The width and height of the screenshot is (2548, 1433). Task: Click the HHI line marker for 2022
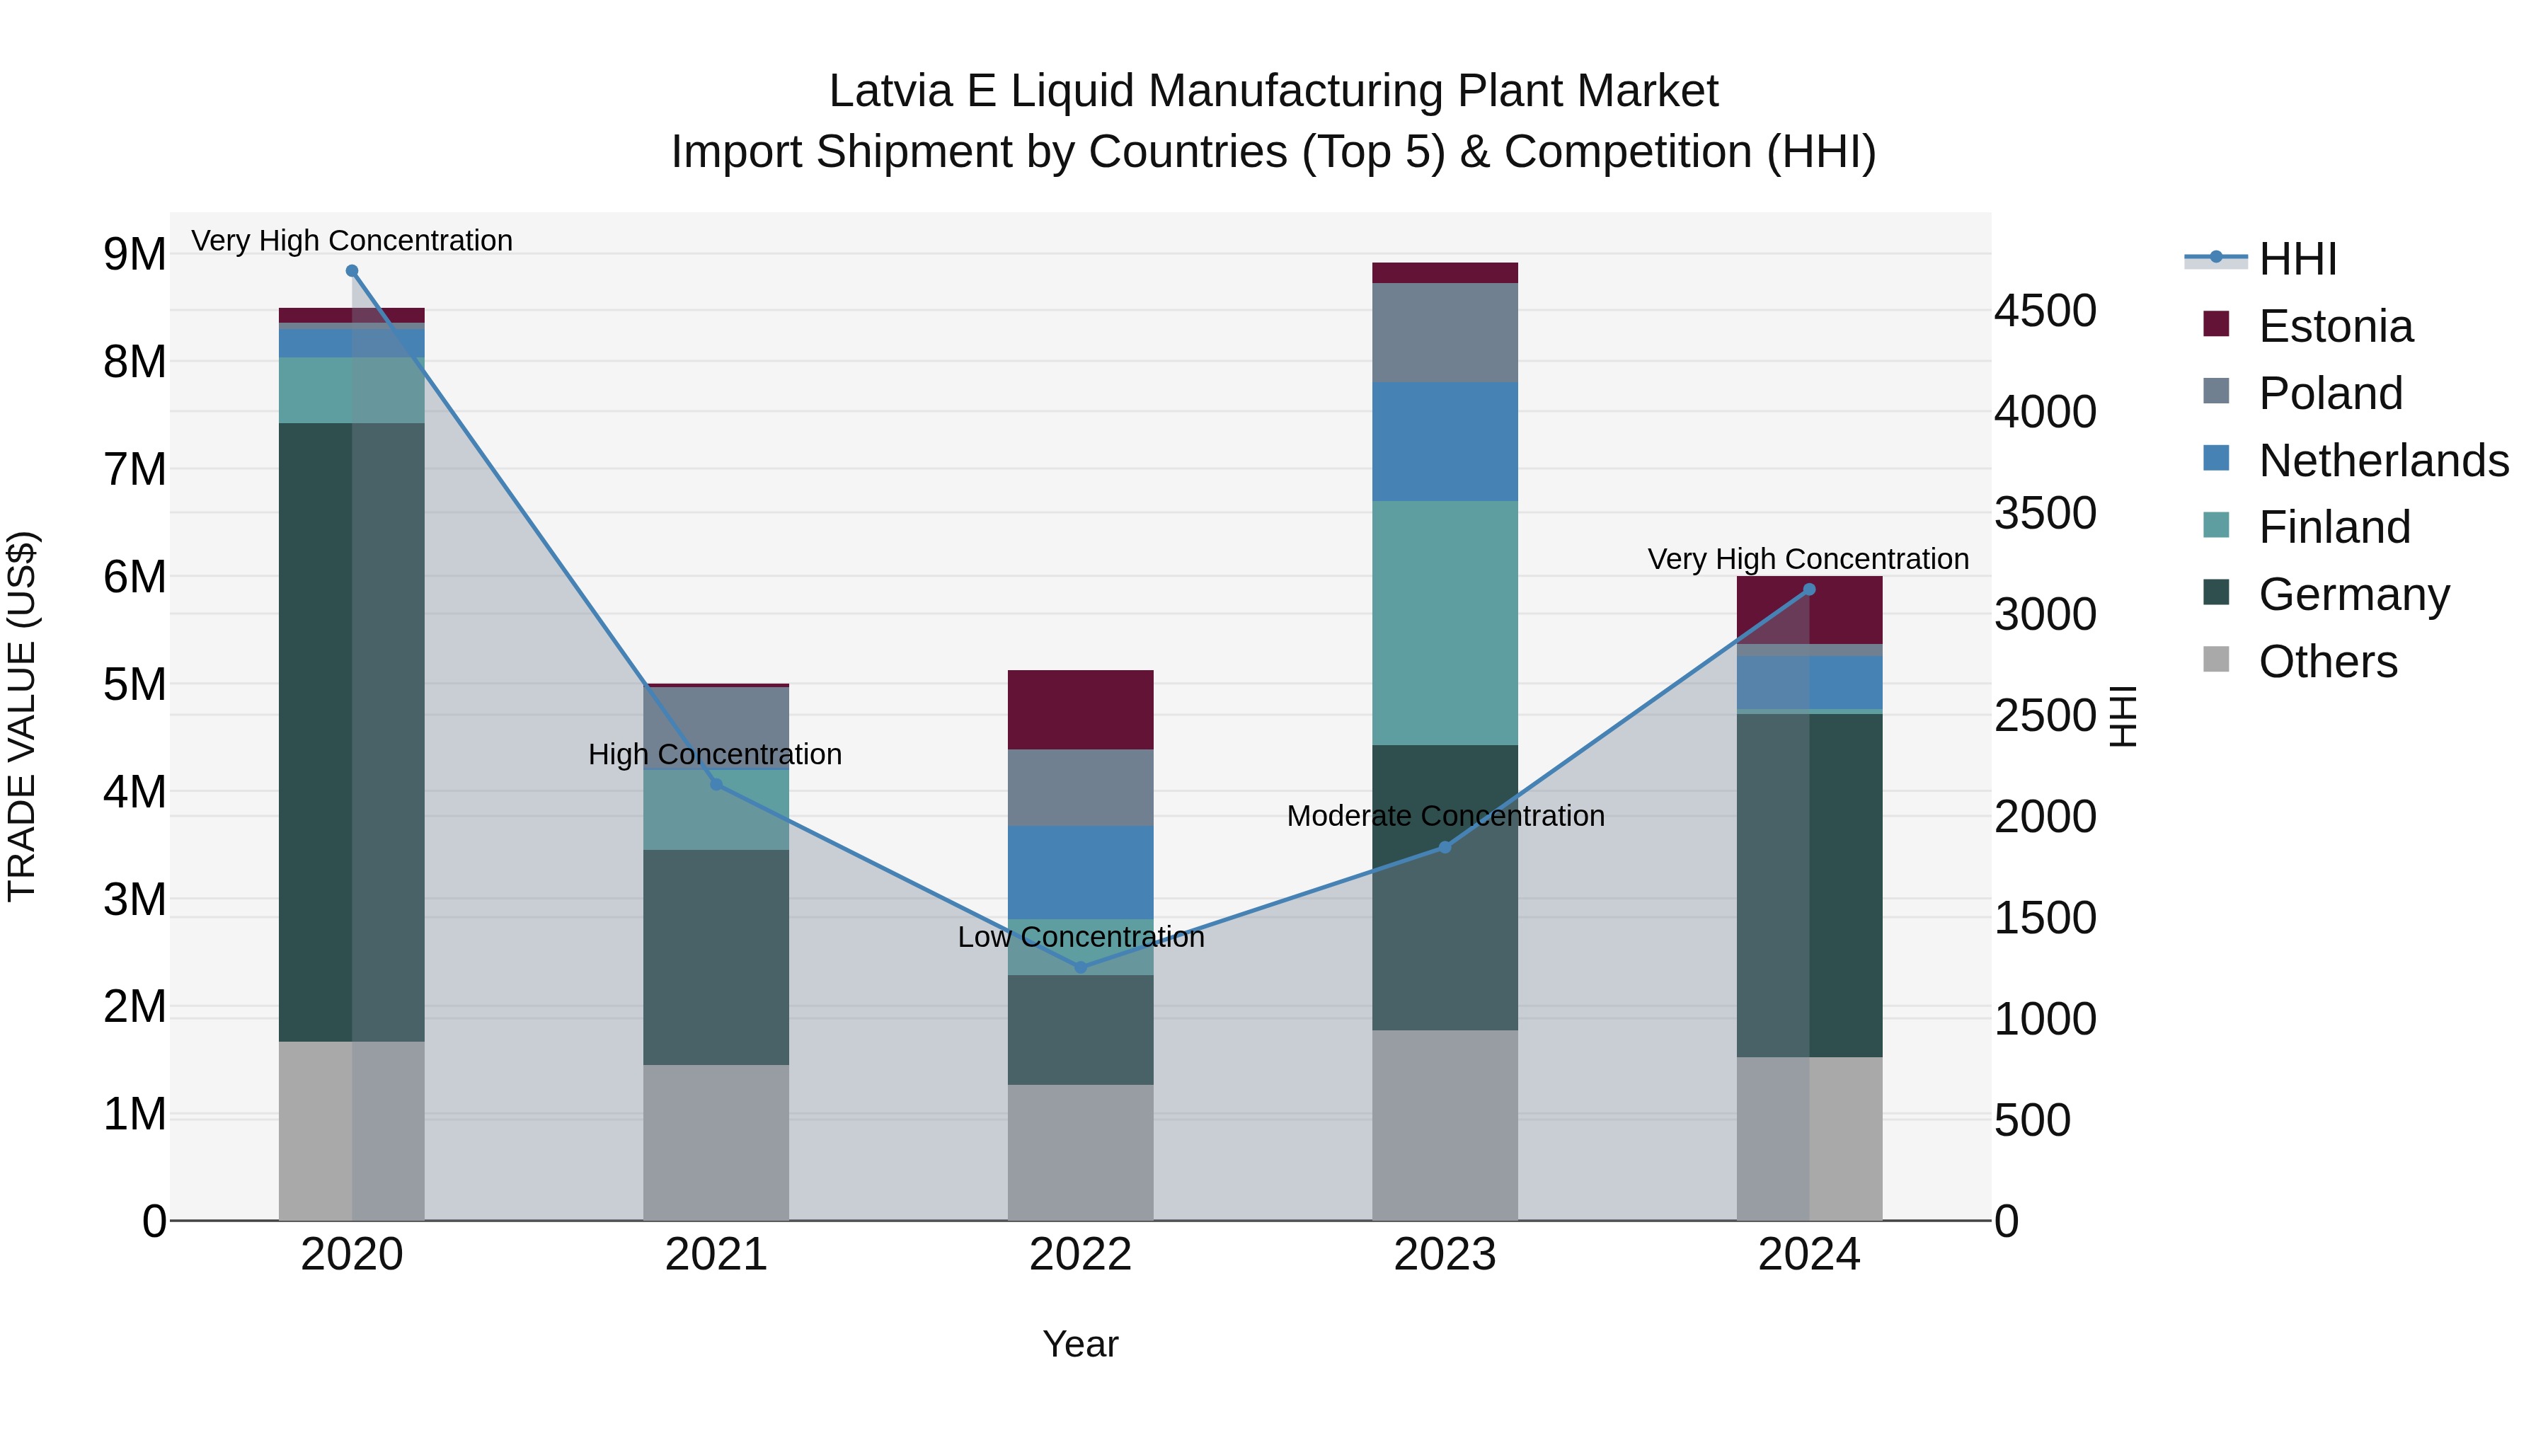coord(1080,967)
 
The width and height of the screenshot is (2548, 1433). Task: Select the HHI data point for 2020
coord(352,271)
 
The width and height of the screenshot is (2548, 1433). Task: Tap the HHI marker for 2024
coord(1809,589)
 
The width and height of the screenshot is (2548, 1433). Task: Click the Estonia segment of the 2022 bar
coord(1080,709)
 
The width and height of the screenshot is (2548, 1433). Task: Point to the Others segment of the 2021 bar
coord(716,1142)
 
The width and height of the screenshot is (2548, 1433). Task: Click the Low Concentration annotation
coord(1080,936)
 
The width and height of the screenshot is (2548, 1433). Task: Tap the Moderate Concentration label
coord(1445,816)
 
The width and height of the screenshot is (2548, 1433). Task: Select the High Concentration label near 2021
coord(715,754)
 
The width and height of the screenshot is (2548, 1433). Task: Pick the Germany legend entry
coord(2353,594)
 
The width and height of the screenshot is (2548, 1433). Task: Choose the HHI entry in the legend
coord(2297,259)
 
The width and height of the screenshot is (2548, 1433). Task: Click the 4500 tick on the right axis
coord(2043,311)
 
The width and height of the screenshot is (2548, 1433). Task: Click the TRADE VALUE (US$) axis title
coord(22,716)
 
